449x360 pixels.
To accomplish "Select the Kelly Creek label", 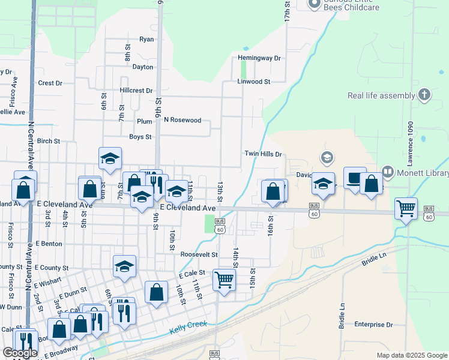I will [x=188, y=327].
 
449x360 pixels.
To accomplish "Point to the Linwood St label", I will [x=254, y=81].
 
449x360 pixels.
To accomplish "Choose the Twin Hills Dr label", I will [x=263, y=154].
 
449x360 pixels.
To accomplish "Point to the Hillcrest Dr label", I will [x=136, y=91].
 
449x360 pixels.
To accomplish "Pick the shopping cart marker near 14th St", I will [x=224, y=279].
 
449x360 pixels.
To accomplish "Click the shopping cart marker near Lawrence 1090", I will [x=406, y=208].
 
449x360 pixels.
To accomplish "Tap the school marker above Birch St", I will [x=110, y=158].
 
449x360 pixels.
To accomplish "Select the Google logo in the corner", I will [x=20, y=353].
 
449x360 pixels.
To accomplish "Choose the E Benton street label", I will [x=49, y=244].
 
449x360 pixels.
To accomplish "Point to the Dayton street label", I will [x=143, y=67].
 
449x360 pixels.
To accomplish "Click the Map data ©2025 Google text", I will [x=411, y=355].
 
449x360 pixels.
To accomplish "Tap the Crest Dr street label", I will [x=50, y=83].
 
